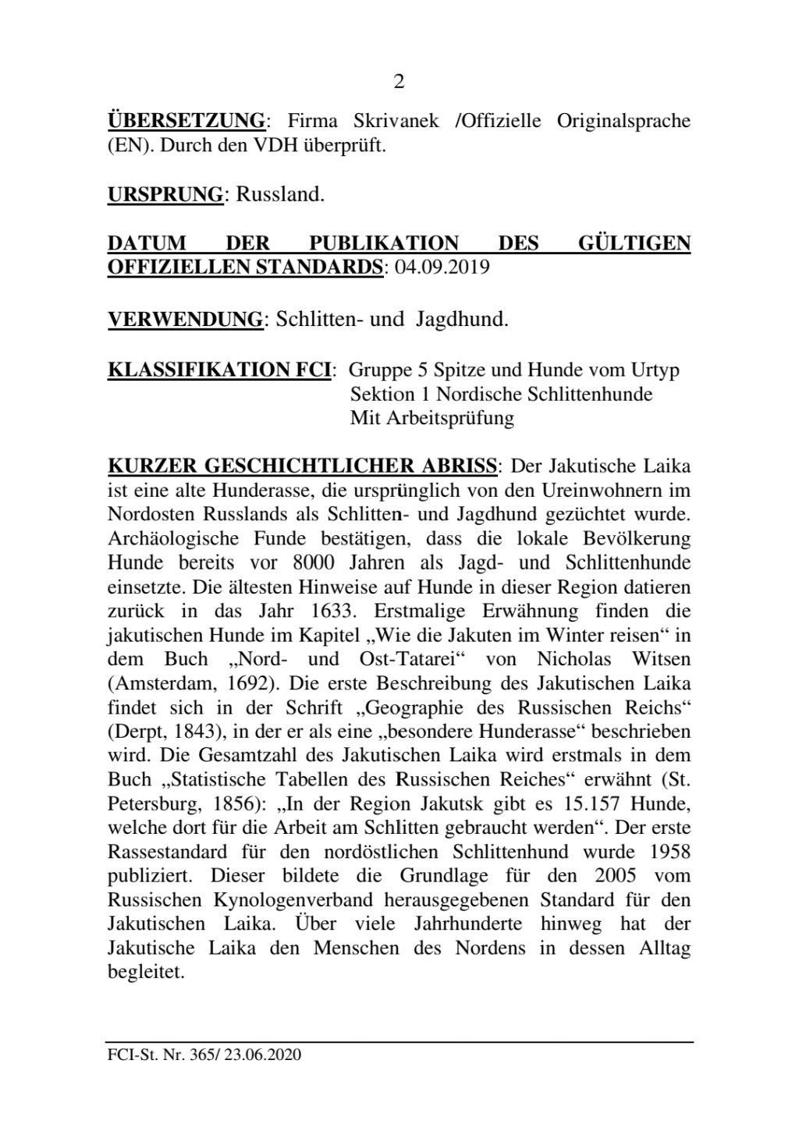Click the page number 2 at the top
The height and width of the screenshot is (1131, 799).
pyautogui.click(x=399, y=82)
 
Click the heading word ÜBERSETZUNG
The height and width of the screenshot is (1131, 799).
pyautogui.click(x=186, y=121)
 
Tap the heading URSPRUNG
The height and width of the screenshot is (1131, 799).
pyautogui.click(x=165, y=194)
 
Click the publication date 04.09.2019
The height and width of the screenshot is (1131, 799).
pyautogui.click(x=442, y=268)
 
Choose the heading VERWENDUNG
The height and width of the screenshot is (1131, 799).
pyautogui.click(x=185, y=319)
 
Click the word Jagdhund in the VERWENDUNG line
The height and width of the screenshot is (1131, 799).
pyautogui.click(x=467, y=319)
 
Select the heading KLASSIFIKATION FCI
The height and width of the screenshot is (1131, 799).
pyautogui.click(x=218, y=369)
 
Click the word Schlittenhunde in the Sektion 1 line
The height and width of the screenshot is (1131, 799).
pyautogui.click(x=590, y=394)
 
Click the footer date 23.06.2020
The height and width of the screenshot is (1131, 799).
pyautogui.click(x=262, y=1055)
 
